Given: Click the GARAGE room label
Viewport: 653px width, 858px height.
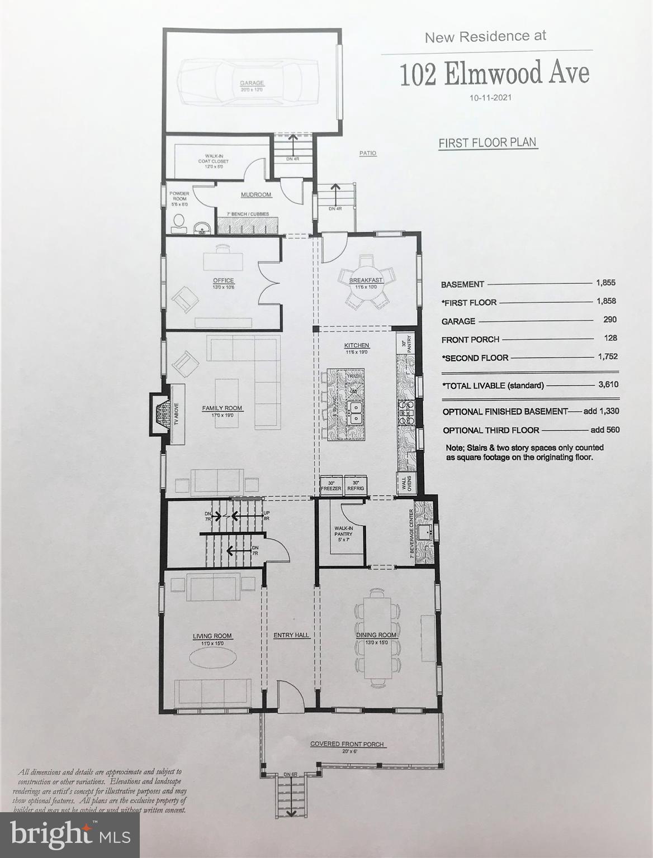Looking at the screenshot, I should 251,83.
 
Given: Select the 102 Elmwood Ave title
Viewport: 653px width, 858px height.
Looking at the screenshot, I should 494,74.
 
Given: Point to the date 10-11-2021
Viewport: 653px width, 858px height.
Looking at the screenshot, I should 491,97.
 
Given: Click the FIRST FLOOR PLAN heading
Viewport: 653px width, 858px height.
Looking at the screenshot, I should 488,143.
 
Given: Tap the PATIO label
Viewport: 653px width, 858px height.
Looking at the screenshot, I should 368,153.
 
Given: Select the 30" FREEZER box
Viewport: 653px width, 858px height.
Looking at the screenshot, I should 330,485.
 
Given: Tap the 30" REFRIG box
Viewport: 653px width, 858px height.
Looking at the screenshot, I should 355,485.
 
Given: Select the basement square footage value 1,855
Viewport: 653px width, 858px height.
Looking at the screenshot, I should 605,283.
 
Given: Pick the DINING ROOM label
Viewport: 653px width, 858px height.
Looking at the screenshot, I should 376,635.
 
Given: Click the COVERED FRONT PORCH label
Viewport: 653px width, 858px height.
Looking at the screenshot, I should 347,743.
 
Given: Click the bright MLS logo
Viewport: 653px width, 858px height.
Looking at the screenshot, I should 70,835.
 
